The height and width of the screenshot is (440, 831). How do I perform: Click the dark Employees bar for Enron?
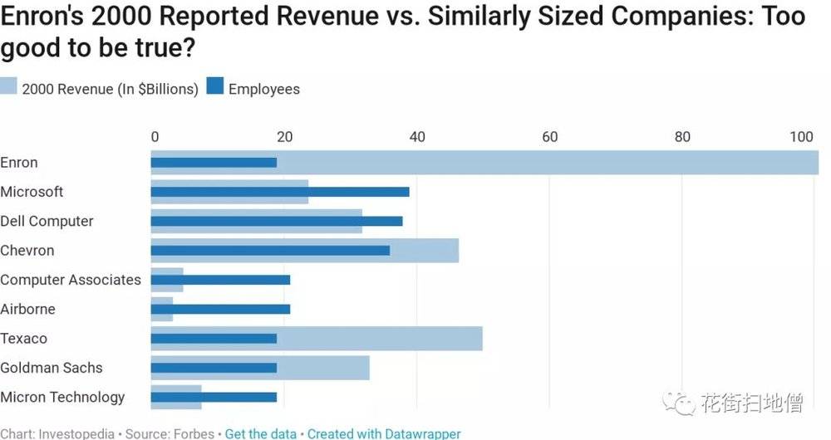[214, 163]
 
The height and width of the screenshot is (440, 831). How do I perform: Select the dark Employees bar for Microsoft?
[280, 192]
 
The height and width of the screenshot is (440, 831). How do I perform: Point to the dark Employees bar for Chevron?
[270, 251]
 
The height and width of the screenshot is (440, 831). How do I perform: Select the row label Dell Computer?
[47, 222]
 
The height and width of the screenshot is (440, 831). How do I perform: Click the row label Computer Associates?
[71, 280]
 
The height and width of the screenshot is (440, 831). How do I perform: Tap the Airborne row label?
[28, 309]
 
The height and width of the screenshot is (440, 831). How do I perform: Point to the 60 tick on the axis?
[550, 137]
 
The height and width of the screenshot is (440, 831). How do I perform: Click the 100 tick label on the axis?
[802, 137]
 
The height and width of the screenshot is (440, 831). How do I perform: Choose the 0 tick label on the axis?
[155, 137]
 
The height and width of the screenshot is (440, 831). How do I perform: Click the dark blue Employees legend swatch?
[215, 89]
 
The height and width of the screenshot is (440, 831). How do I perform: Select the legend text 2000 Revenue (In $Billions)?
[110, 89]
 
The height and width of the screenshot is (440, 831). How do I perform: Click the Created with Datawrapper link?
[384, 433]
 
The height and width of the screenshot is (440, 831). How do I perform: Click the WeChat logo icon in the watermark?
[684, 403]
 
